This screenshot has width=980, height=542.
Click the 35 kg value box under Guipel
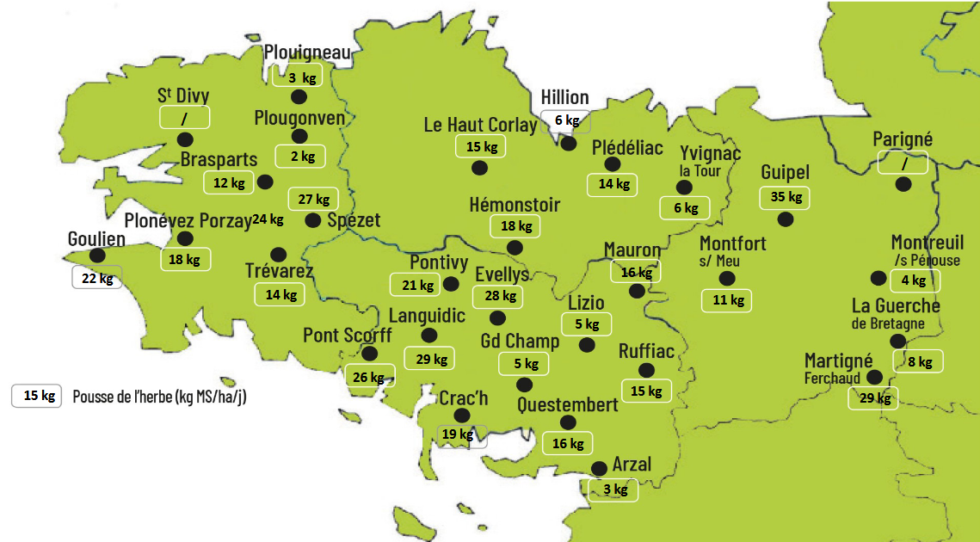pos(786,197)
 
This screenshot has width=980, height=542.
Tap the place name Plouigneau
pos(307,53)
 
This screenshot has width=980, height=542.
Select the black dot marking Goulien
pos(97,256)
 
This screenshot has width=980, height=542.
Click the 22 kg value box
pos(96,278)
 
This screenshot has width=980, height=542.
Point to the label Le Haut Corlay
pos(480,125)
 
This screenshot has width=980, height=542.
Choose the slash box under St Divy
pos(185,116)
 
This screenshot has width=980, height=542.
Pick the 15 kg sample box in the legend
pos(37,396)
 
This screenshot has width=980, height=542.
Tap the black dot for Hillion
pos(568,144)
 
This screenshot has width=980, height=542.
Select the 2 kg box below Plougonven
pos(300,157)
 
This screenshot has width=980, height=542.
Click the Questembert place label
pos(568,404)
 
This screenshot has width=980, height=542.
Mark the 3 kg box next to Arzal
pos(614,490)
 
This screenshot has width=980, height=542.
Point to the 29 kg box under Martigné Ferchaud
pos(872,398)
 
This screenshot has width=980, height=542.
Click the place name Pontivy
pos(439,262)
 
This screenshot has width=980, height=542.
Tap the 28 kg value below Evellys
pos(499,297)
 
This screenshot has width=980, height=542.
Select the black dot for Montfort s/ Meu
pos(726,278)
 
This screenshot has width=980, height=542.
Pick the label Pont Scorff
pos(347,336)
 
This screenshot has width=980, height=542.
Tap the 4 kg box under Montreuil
pos(915,280)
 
